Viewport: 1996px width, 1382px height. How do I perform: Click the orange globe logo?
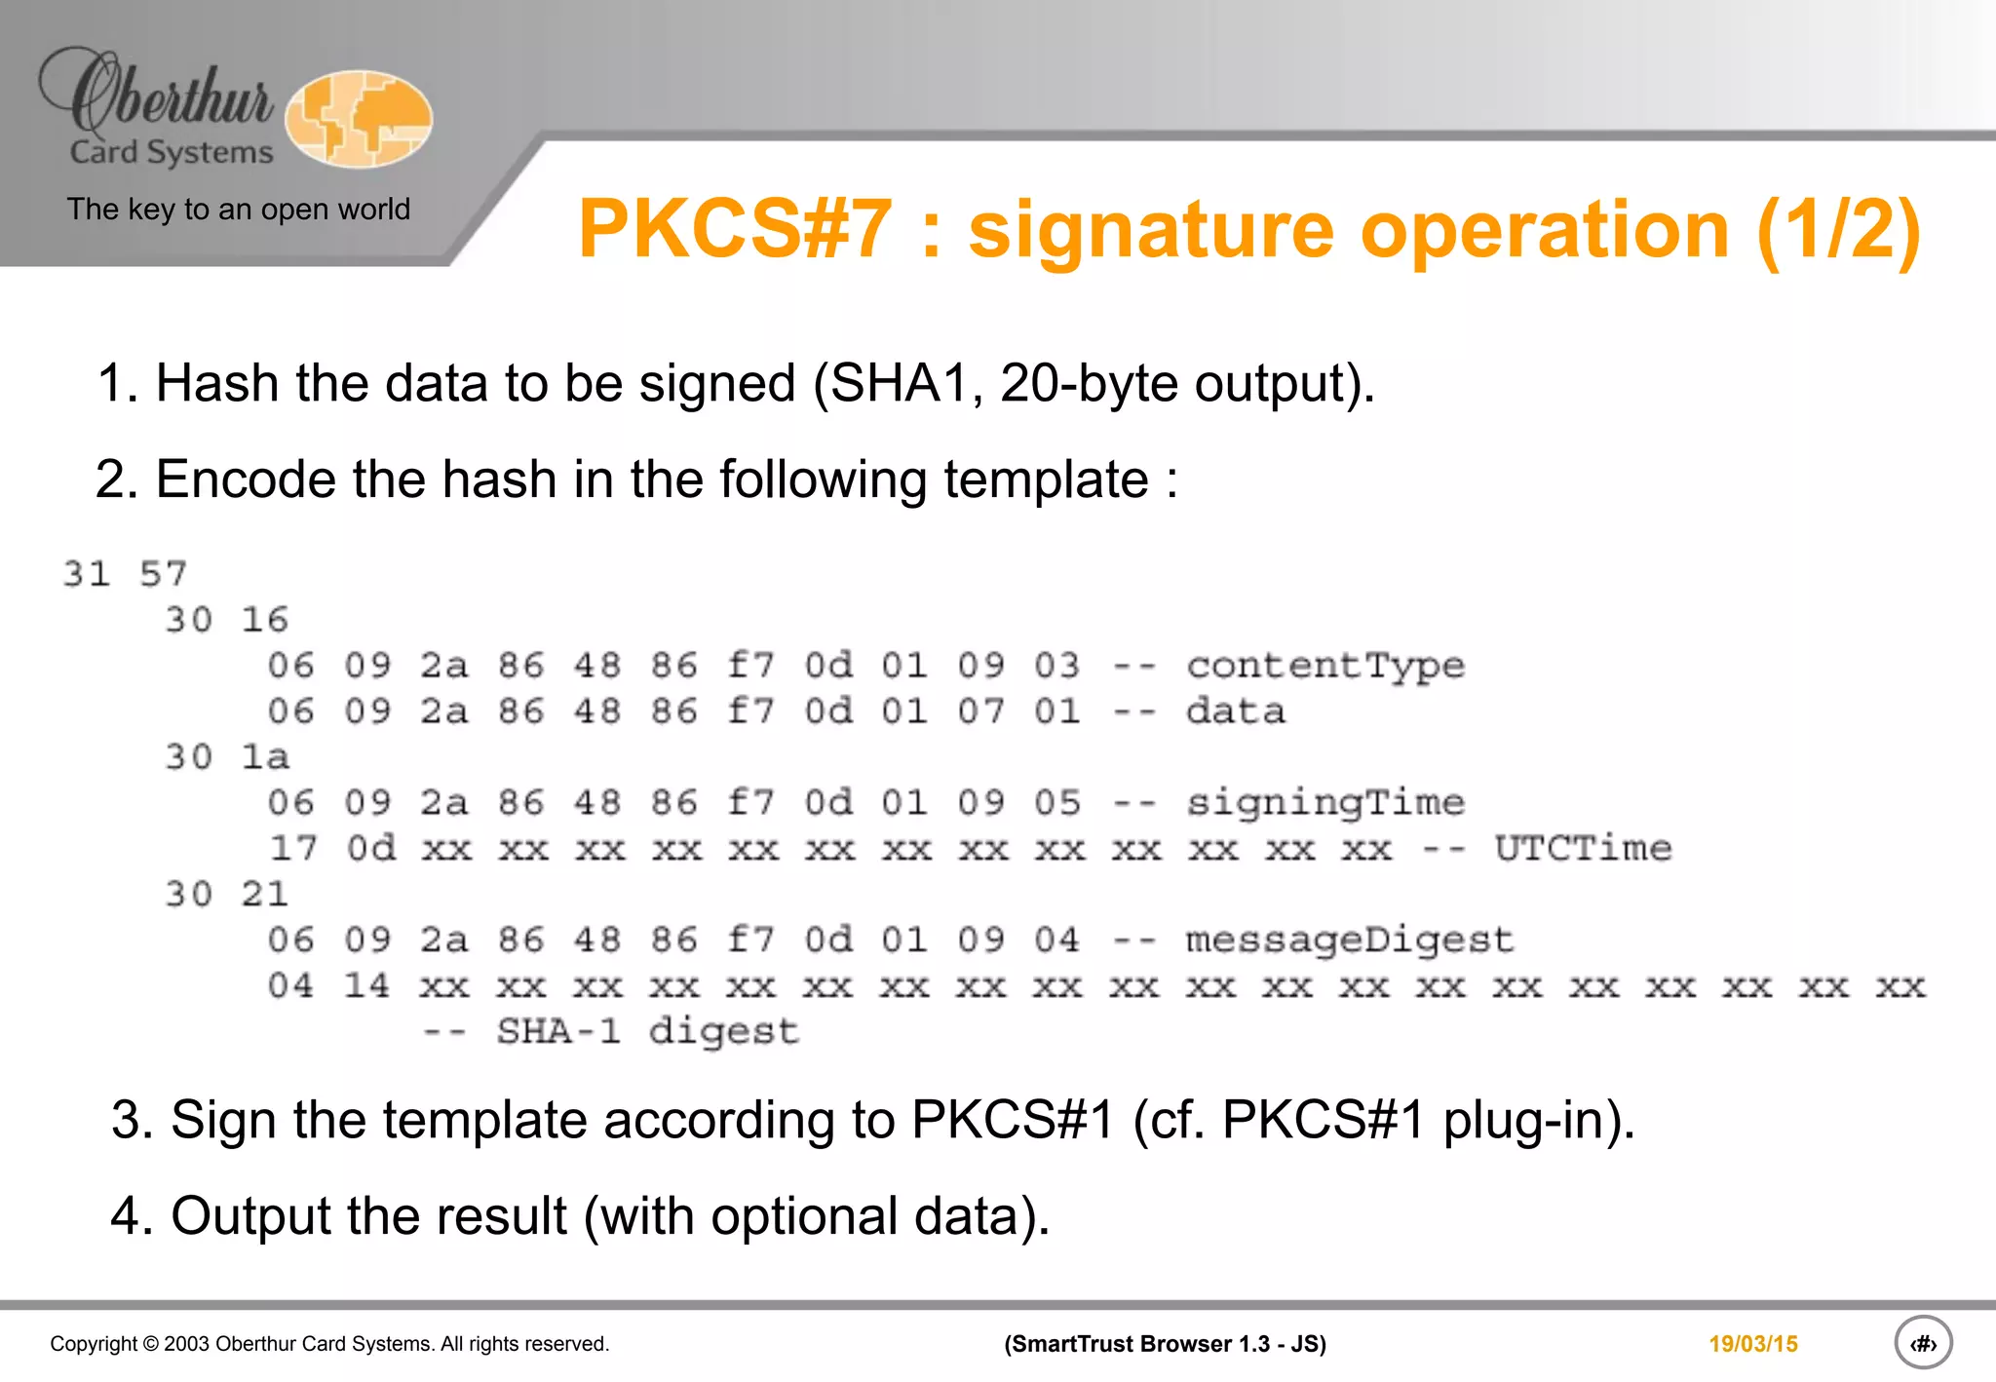pyautogui.click(x=359, y=119)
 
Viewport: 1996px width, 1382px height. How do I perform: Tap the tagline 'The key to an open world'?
pyautogui.click(x=238, y=210)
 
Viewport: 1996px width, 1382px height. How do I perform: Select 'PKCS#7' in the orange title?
pyautogui.click(x=735, y=230)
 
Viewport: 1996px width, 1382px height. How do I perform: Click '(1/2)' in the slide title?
pyautogui.click(x=1838, y=230)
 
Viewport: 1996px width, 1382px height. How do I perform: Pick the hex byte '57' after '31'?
pyautogui.click(x=163, y=574)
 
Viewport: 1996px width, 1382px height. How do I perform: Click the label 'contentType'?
pyautogui.click(x=1324, y=666)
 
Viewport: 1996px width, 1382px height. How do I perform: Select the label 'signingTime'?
pyautogui.click(x=1324, y=803)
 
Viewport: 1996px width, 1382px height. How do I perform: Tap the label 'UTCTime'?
pyautogui.click(x=1583, y=849)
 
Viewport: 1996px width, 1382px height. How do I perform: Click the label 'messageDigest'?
pyautogui.click(x=1349, y=941)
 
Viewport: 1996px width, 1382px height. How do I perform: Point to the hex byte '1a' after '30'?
pyautogui.click(x=265, y=757)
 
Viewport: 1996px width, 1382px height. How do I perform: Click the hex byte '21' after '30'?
pyautogui.click(x=265, y=895)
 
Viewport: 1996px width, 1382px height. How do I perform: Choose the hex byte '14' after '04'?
pyautogui.click(x=366, y=986)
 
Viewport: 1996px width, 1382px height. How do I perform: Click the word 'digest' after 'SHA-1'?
pyautogui.click(x=723, y=1032)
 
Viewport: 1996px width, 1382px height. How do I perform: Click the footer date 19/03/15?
pyautogui.click(x=1752, y=1344)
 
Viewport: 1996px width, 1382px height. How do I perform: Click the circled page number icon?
pyautogui.click(x=1923, y=1344)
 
